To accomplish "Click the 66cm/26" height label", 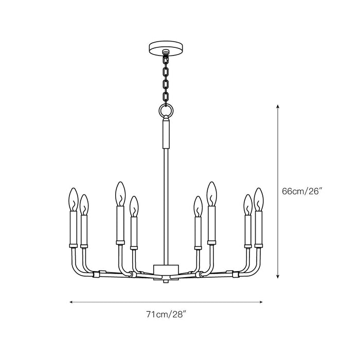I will coord(302,191).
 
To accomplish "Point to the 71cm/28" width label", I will coord(166,313).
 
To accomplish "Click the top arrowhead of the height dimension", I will coord(278,105).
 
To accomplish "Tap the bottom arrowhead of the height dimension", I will coord(278,276).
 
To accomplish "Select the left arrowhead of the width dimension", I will coord(71,302).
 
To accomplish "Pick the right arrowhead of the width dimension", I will coord(261,302).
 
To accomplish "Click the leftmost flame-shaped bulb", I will coord(73,200).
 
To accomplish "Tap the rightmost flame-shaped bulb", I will coord(259,200).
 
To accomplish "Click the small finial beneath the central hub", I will coord(166,280).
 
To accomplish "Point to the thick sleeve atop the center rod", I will coord(166,133).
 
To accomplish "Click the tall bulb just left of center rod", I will coord(120,193).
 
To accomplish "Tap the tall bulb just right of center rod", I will coord(211,193).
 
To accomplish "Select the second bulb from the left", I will coord(84,204).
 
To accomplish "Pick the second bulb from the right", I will coord(248,204).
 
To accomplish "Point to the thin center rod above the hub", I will coord(166,206).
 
